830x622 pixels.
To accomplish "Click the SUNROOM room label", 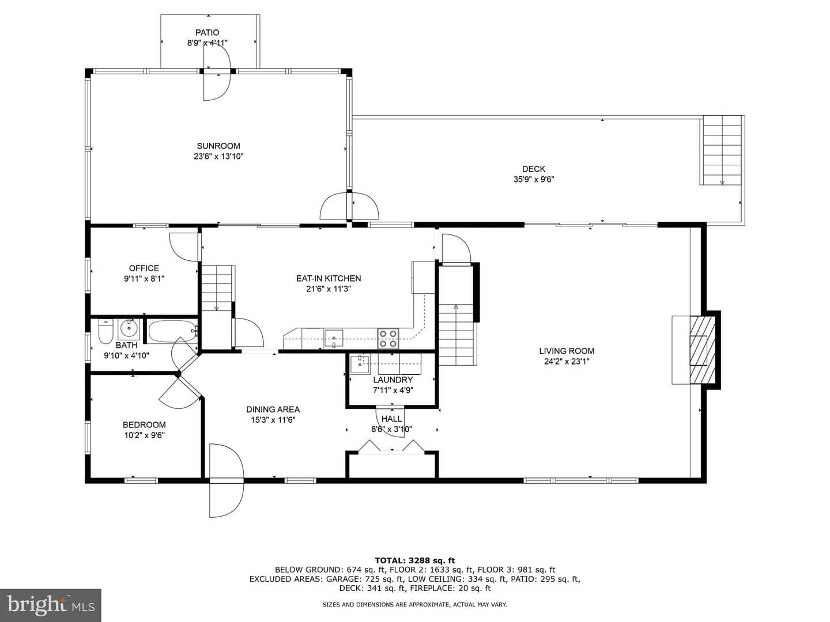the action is tap(218, 146).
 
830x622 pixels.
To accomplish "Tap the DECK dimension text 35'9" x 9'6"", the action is tap(534, 179).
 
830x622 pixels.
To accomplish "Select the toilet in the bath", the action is tap(105, 332).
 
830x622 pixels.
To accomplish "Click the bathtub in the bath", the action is tap(172, 332).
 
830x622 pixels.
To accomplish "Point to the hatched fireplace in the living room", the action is tap(702, 350).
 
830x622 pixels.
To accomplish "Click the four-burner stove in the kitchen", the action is tap(388, 339).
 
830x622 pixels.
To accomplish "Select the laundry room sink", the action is tap(360, 363).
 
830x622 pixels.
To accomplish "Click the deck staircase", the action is tap(722, 150).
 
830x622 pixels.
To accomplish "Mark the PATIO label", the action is tap(207, 32).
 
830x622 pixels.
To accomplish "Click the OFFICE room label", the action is tap(144, 268).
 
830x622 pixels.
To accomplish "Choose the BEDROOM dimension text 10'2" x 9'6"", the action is tap(145, 435).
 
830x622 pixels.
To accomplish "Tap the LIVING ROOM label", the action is tap(567, 351).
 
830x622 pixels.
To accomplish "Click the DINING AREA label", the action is tap(273, 409).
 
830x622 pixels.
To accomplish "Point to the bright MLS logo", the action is tap(51, 605).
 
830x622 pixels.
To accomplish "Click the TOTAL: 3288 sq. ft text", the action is tap(415, 560).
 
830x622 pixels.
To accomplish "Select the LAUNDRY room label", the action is tap(393, 380).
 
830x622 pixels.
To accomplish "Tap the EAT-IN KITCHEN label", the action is tap(329, 278).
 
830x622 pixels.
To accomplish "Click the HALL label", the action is tap(392, 419).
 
